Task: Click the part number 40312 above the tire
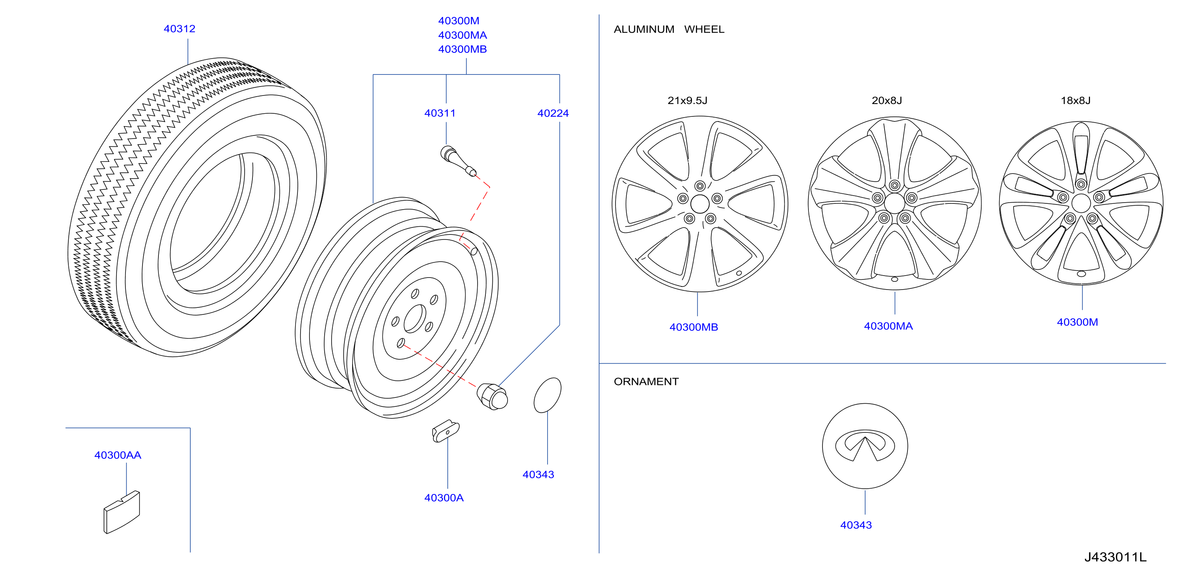pos(179,29)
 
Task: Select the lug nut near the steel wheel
pos(492,396)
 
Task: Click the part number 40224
pos(553,113)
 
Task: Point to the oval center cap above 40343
pos(548,395)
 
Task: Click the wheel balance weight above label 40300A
pos(446,431)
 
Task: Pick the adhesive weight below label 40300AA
pos(122,512)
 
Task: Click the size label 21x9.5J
pos(687,101)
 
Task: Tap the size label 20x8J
pos(887,101)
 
